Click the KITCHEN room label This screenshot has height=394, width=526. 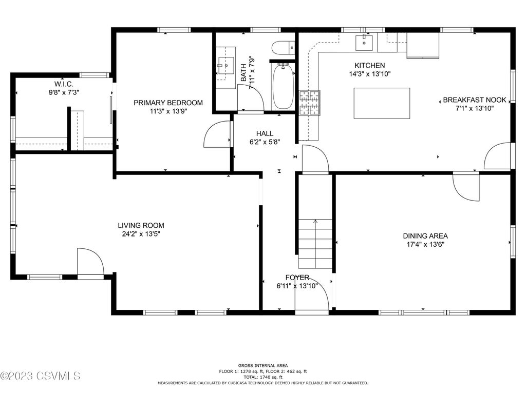370,65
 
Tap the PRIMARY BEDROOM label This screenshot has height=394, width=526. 168,103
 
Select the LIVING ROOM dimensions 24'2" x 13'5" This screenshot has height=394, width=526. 141,234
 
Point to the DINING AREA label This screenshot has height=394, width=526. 425,236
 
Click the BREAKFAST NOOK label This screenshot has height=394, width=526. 475,100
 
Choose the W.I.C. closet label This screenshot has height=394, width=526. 64,84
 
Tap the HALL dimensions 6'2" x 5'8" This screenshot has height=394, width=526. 265,142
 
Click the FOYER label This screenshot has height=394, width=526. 297,278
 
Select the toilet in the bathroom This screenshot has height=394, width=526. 283,48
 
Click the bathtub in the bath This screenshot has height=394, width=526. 284,86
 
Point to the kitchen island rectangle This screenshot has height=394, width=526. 382,103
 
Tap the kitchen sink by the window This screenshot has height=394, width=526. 364,42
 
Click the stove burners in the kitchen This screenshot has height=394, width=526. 309,103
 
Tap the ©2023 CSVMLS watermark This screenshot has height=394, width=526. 40,376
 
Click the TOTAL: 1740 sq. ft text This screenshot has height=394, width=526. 263,377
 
